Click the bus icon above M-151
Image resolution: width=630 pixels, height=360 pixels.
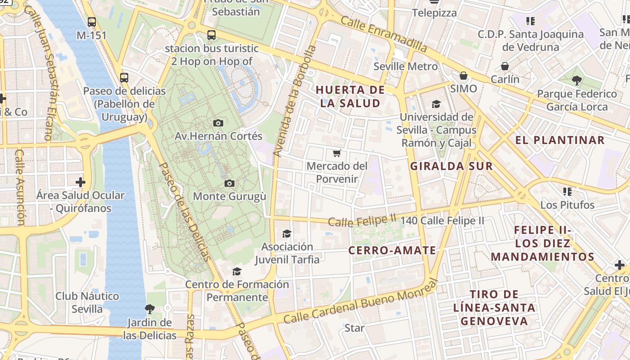92,22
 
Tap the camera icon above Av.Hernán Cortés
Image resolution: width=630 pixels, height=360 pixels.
218,123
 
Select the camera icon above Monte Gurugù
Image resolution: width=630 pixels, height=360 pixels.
229,183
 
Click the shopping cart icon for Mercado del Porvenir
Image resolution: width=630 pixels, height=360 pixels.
337,153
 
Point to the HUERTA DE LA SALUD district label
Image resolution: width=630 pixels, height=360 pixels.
350,96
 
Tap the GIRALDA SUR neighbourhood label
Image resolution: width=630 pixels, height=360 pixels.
451,166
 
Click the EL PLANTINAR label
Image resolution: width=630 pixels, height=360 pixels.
560,140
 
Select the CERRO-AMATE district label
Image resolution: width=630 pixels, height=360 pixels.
392,251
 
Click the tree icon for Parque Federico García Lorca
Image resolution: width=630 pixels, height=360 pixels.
576,81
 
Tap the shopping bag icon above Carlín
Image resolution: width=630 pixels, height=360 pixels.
505,66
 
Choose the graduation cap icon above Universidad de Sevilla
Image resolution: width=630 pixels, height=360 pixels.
436,104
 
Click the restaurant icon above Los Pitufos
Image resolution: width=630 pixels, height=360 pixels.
567,192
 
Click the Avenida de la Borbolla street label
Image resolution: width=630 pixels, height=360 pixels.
295,101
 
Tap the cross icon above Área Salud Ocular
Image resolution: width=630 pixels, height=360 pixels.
81,182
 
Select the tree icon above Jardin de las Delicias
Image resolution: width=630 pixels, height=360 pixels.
149,309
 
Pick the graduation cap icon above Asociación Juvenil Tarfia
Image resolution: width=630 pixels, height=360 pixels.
287,234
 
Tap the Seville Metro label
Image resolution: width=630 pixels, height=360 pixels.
405,67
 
